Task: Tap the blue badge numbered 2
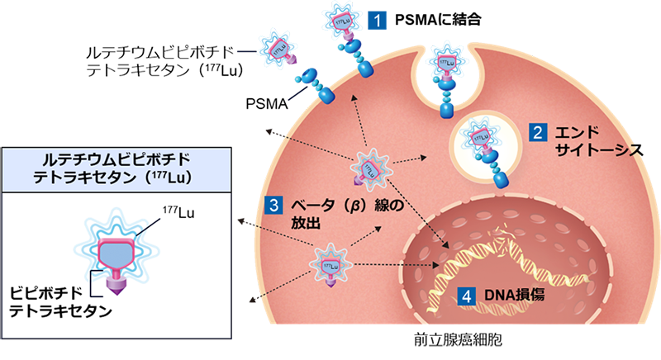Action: coord(535,132)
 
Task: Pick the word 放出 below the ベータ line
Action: coord(303,223)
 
